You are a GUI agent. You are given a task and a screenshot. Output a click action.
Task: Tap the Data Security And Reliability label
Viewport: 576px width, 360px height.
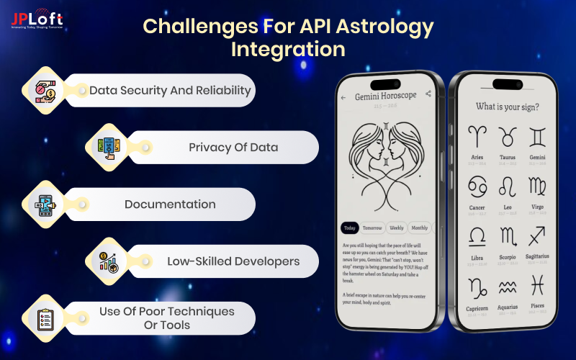click(170, 90)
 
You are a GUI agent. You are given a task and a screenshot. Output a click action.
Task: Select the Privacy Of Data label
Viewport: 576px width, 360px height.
click(233, 147)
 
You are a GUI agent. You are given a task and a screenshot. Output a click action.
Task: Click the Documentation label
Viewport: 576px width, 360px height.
click(170, 204)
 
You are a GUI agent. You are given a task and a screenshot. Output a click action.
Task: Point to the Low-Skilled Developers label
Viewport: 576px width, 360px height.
click(233, 261)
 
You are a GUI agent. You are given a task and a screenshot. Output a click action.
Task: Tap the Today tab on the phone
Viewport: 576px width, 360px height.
click(349, 228)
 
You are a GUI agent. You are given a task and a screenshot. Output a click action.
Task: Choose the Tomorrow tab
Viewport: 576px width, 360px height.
click(372, 228)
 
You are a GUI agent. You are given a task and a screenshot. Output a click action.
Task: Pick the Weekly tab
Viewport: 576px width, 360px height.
click(396, 228)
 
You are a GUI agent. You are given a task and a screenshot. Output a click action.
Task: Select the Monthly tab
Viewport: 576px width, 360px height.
click(419, 228)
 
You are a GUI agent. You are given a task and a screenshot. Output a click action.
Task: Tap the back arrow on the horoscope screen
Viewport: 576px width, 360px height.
click(343, 96)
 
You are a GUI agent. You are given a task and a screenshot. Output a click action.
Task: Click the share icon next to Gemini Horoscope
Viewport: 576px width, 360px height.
click(428, 94)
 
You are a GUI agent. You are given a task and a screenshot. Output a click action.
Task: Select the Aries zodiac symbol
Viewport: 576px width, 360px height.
click(477, 137)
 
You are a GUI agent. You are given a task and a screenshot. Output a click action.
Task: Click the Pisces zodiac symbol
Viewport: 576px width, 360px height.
click(539, 287)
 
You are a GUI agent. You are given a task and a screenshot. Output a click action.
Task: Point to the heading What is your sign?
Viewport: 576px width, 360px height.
click(508, 107)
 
